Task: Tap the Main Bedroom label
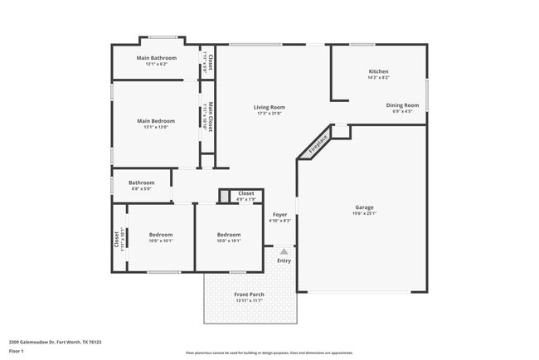[156, 121]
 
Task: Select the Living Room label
[269, 107]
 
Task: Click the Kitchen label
[378, 71]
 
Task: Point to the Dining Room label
[402, 105]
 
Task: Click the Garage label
[363, 207]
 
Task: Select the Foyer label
[280, 214]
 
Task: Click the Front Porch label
[248, 294]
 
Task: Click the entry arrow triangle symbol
[284, 251]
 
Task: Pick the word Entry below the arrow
[284, 260]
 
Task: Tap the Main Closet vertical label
[211, 117]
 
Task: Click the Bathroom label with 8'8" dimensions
[141, 182]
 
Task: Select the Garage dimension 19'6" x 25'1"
[363, 213]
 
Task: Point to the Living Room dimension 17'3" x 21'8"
[269, 114]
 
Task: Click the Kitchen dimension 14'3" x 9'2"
[378, 78]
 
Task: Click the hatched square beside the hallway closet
[224, 196]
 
